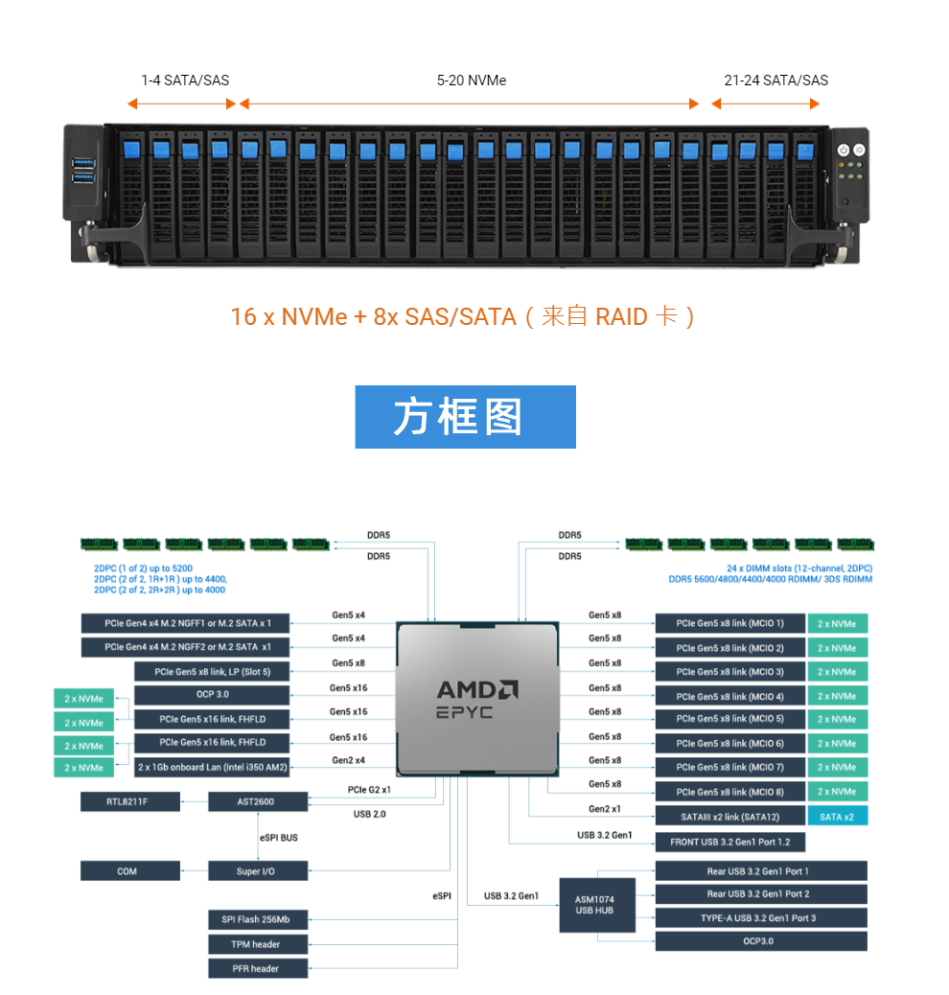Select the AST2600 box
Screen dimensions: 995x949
(258, 801)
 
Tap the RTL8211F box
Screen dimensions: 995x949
(129, 801)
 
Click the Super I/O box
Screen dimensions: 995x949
(258, 871)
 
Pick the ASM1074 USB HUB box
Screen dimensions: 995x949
(596, 905)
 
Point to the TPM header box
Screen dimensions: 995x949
(258, 944)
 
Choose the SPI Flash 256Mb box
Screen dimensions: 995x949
(258, 920)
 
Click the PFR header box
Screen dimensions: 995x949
(258, 968)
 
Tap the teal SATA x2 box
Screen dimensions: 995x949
(837, 817)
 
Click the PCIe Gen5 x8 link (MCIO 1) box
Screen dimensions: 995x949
(729, 624)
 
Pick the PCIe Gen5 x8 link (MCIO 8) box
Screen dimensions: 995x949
(729, 792)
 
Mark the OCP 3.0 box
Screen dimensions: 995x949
(212, 694)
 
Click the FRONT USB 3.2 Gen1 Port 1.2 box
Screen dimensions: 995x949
(729, 843)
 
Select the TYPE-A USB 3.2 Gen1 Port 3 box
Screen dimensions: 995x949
(760, 918)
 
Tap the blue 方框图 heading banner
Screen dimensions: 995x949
(465, 417)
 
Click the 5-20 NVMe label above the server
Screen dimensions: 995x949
(471, 81)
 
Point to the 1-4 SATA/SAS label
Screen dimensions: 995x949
(185, 81)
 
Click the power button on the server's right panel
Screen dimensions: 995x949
(844, 150)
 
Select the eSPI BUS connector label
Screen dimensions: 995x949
(278, 838)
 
